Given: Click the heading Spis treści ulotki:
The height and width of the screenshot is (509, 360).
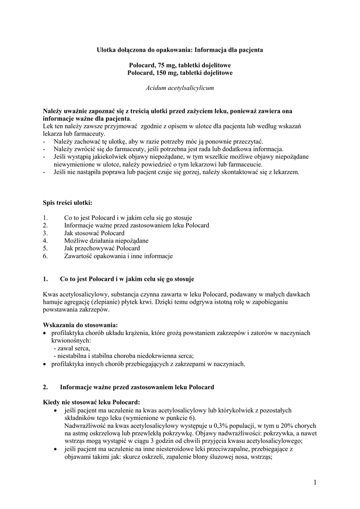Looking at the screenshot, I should pos(67,203).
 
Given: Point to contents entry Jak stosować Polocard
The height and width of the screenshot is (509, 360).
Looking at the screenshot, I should pos(94,233).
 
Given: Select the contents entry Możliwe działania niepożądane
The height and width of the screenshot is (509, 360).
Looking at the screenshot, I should pos(106,241).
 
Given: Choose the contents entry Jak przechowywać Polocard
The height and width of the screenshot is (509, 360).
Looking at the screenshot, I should pos(102,248).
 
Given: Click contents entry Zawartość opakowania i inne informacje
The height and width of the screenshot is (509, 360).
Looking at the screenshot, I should pos(118,256).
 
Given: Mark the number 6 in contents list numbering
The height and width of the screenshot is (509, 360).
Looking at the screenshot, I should pos(45,256).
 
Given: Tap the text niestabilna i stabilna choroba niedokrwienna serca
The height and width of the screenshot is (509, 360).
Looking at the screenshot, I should pos(125,356).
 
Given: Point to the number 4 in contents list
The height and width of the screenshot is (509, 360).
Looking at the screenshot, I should pos(45,241).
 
